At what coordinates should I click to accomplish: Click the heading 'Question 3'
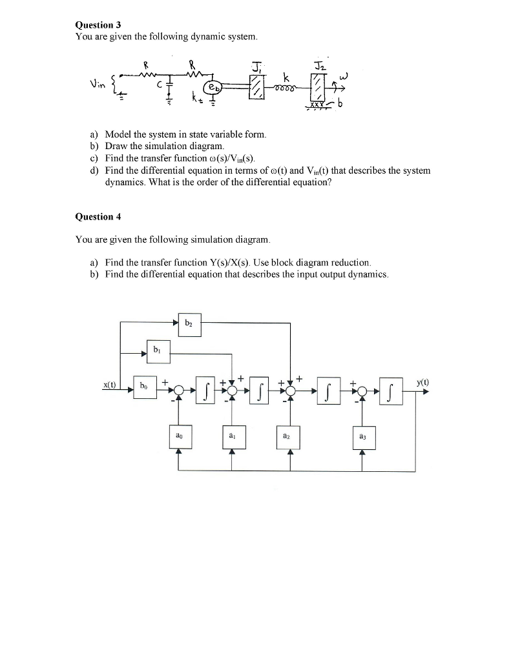(94, 25)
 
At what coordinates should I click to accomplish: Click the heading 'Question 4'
(94, 216)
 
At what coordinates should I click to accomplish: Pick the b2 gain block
(189, 324)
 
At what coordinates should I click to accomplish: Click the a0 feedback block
(178, 437)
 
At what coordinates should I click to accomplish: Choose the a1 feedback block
(232, 437)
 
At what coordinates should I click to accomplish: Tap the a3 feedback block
(362, 438)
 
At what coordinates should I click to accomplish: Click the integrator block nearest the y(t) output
(392, 391)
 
